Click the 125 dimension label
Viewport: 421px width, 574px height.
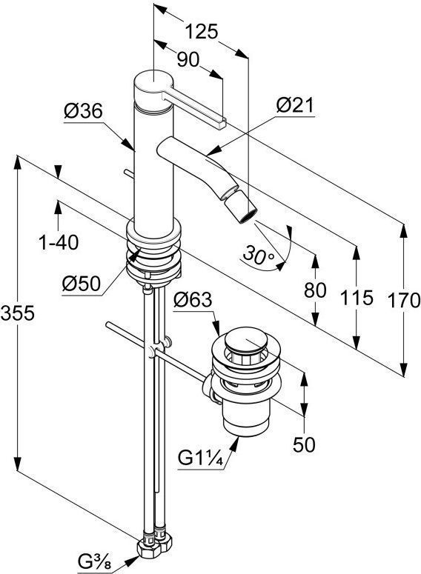[x=202, y=32]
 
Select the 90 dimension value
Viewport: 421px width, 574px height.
[x=188, y=60]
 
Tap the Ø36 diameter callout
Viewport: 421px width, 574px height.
[x=83, y=111]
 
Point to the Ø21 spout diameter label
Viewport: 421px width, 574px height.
[x=295, y=105]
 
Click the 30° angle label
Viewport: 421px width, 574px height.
[x=259, y=254]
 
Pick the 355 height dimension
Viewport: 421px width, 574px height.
[x=18, y=313]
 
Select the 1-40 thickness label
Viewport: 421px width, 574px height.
[x=59, y=242]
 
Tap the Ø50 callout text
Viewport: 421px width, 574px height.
[x=82, y=284]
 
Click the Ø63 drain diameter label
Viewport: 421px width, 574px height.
[x=193, y=300]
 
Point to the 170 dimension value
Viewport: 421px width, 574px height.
[x=404, y=300]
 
